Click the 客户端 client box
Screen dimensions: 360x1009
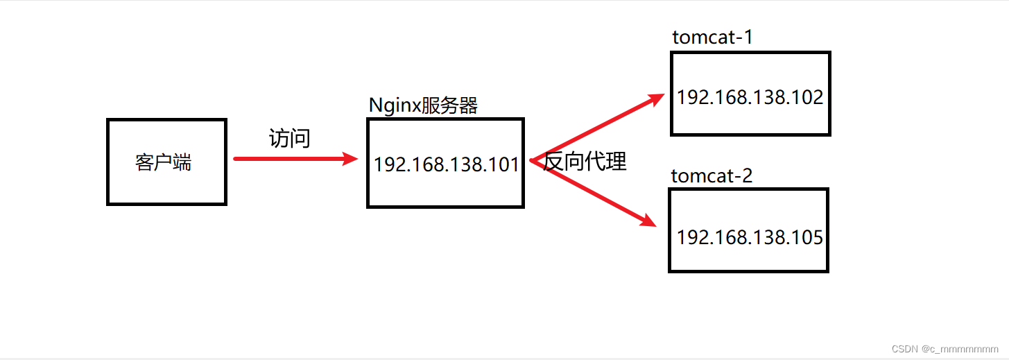pyautogui.click(x=166, y=162)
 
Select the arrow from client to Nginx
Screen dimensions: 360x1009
pyautogui.click(x=291, y=159)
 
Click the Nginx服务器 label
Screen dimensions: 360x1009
pyautogui.click(x=423, y=105)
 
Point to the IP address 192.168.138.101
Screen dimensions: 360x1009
pyautogui.click(x=446, y=164)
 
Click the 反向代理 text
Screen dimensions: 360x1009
pyautogui.click(x=585, y=162)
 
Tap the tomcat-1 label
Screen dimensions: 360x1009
pyautogui.click(x=712, y=37)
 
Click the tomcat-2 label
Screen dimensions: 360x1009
pyautogui.click(x=712, y=175)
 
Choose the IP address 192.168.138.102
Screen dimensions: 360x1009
pyautogui.click(x=750, y=97)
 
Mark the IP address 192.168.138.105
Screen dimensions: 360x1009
pyautogui.click(x=750, y=238)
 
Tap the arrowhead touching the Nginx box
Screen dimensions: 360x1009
pyautogui.click(x=350, y=159)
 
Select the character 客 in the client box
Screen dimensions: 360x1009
pyautogui.click(x=144, y=163)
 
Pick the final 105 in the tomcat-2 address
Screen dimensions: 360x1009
pyautogui.click(x=809, y=238)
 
